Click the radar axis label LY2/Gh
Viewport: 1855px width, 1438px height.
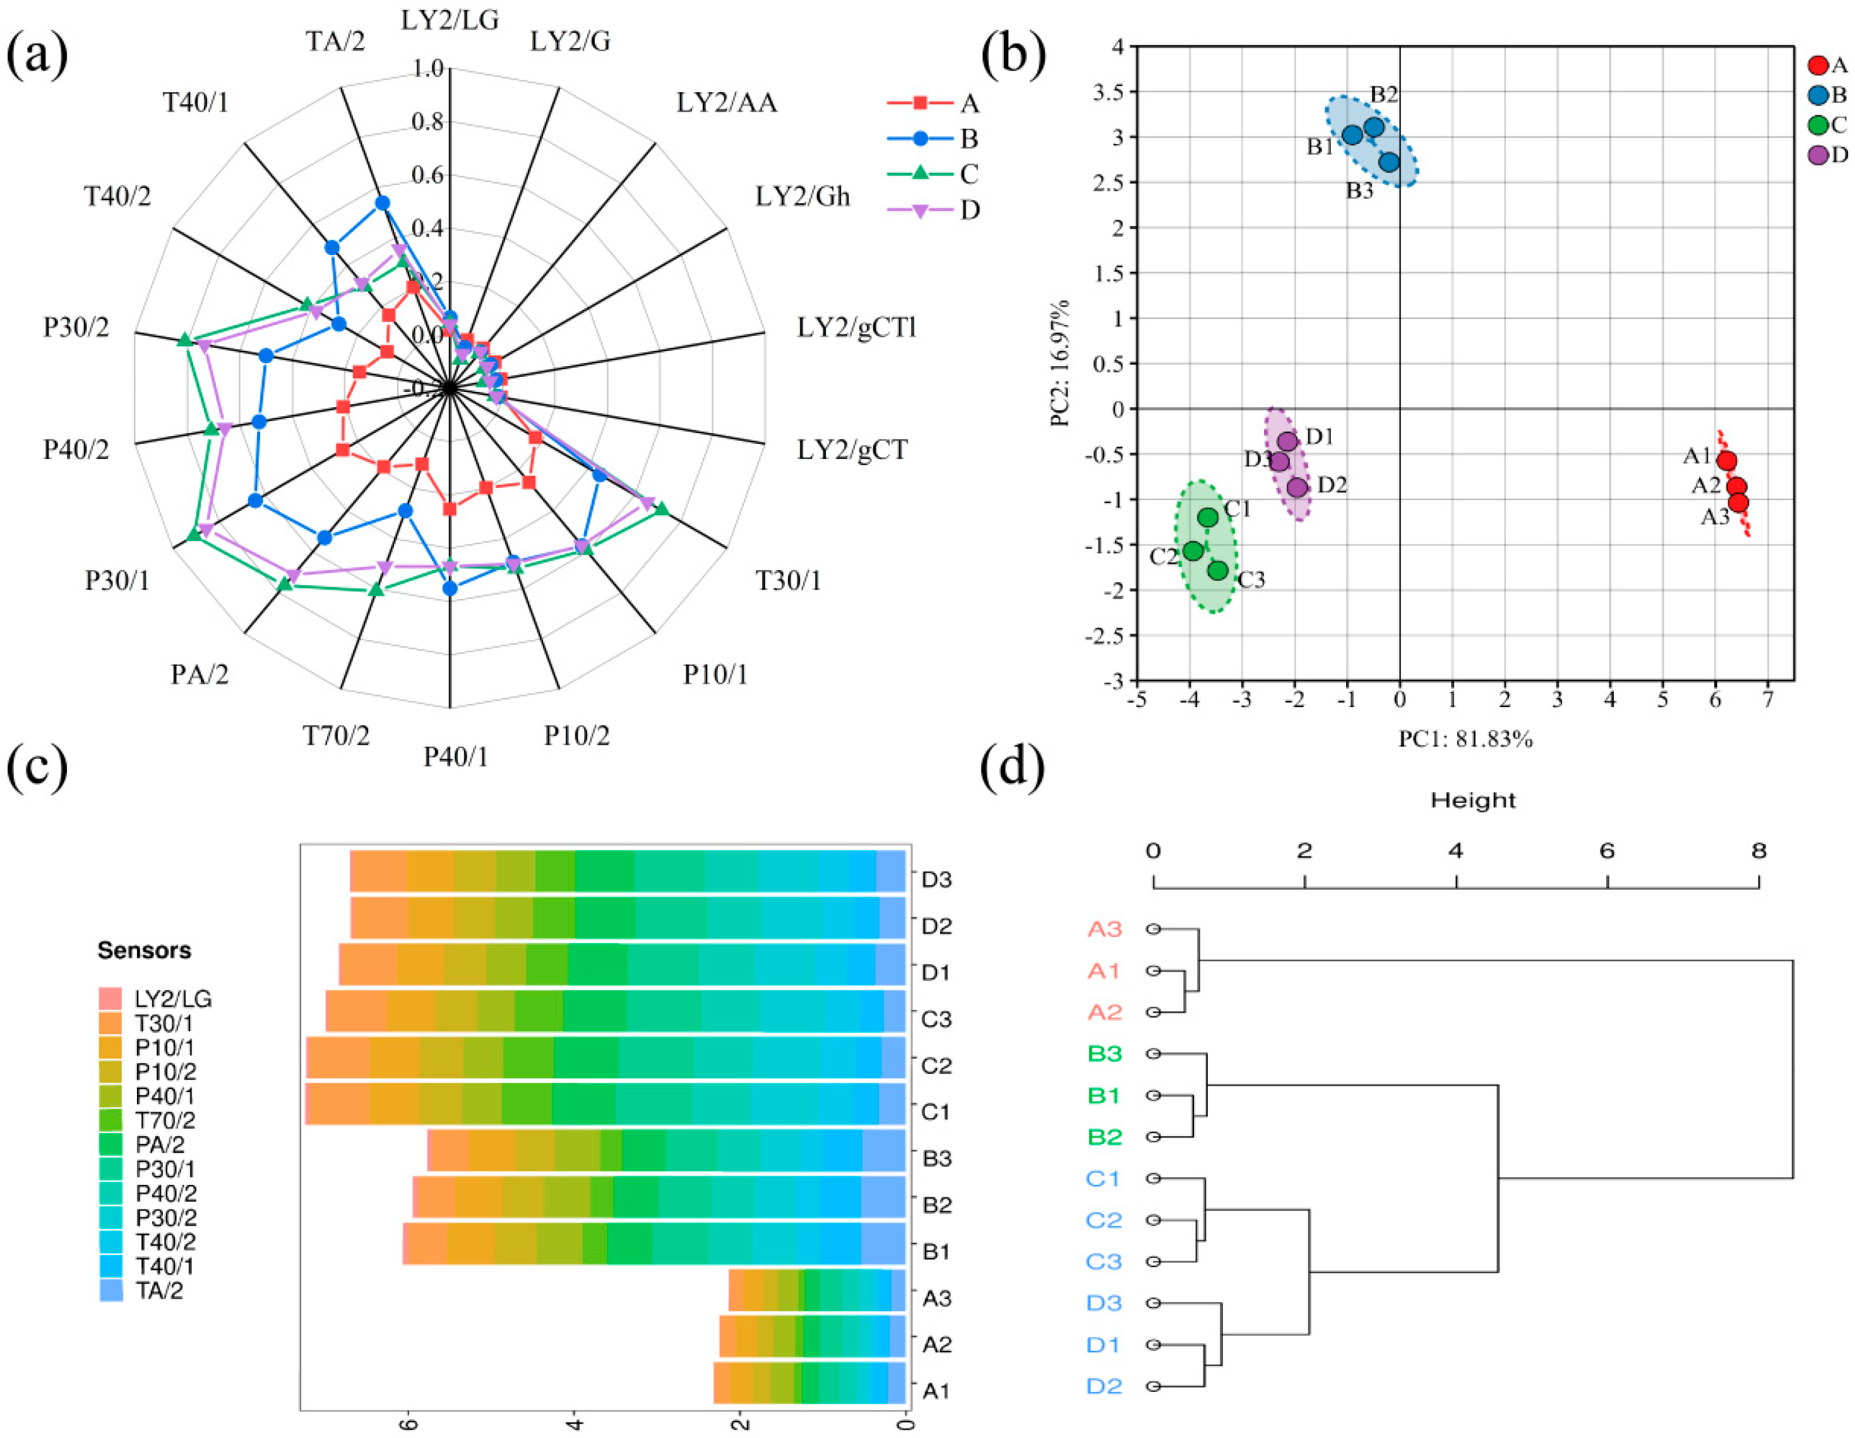click(x=802, y=196)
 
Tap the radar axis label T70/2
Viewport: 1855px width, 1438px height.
click(x=337, y=735)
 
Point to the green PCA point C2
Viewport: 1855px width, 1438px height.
click(x=1193, y=550)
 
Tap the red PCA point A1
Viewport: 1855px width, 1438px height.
click(x=1726, y=461)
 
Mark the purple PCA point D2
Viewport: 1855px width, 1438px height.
click(x=1297, y=487)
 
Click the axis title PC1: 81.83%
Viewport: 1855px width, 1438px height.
click(x=1465, y=740)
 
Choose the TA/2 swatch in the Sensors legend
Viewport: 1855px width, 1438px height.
click(x=111, y=1291)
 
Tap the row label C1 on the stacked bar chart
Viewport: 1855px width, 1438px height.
click(x=936, y=1112)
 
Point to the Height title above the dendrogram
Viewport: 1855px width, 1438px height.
click(x=1473, y=800)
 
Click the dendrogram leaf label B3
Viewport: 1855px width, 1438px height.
click(x=1104, y=1054)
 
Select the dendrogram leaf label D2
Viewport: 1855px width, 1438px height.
click(x=1104, y=1386)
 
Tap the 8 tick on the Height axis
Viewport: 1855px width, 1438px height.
click(x=1758, y=851)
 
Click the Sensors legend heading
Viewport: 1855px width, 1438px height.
click(x=145, y=951)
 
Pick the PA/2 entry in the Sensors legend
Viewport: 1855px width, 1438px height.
click(x=160, y=1145)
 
